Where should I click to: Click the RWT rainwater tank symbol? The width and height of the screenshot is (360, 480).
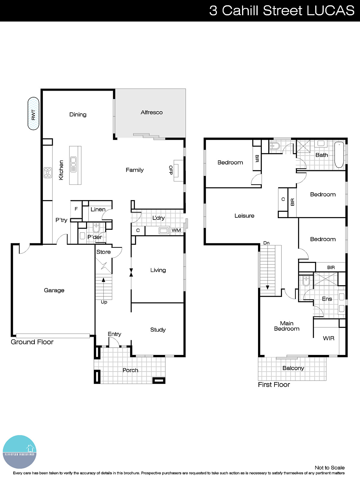click(33, 114)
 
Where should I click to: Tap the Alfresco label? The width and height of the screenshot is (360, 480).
click(151, 112)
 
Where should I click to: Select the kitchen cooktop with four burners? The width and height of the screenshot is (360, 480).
click(48, 172)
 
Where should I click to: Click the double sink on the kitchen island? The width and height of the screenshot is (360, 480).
click(73, 164)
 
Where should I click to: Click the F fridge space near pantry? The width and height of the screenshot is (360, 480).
click(76, 209)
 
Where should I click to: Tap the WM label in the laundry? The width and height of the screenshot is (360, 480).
click(176, 230)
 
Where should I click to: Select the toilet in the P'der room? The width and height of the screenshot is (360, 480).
click(96, 227)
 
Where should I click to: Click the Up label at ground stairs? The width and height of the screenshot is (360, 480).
click(104, 302)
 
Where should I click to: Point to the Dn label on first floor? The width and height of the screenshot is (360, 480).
click(266, 243)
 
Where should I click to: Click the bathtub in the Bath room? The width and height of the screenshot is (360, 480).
click(339, 155)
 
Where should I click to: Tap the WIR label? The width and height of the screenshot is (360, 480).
click(328, 338)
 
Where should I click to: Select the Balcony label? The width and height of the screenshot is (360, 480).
click(293, 368)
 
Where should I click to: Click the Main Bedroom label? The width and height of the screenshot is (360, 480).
click(286, 326)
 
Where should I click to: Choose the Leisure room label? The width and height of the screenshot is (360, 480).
click(244, 216)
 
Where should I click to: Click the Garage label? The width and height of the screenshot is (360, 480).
click(54, 290)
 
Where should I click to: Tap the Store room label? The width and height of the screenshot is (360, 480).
click(103, 252)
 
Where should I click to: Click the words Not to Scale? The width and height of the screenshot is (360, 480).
click(329, 468)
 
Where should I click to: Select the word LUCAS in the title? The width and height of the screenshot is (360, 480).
click(330, 10)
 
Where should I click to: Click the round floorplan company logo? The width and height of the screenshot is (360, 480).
click(20, 452)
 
